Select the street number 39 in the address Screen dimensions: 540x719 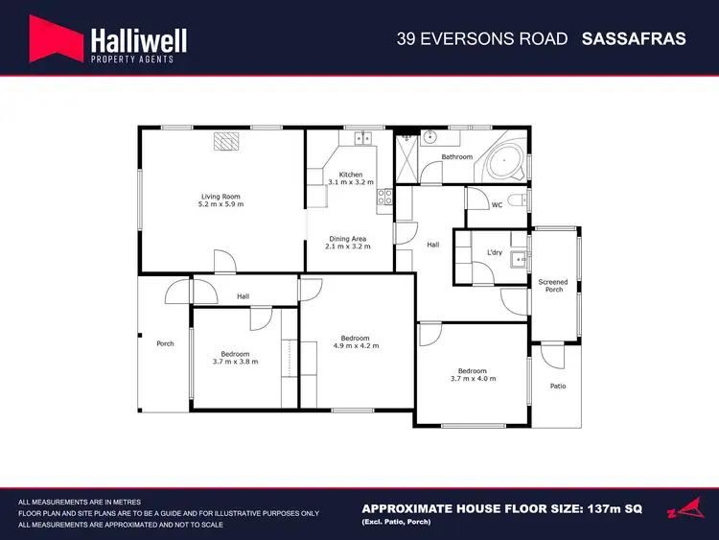click(406, 39)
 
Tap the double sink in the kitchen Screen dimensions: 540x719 click(363, 139)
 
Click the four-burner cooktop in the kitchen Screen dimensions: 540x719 click(385, 197)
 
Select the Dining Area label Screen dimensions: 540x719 click(348, 238)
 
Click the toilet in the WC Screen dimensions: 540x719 click(518, 201)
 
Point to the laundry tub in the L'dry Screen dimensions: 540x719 click(518, 257)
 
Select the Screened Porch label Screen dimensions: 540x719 click(553, 286)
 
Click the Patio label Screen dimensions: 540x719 click(557, 387)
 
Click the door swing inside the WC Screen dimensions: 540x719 click(476, 199)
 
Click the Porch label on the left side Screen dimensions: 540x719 click(165, 343)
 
